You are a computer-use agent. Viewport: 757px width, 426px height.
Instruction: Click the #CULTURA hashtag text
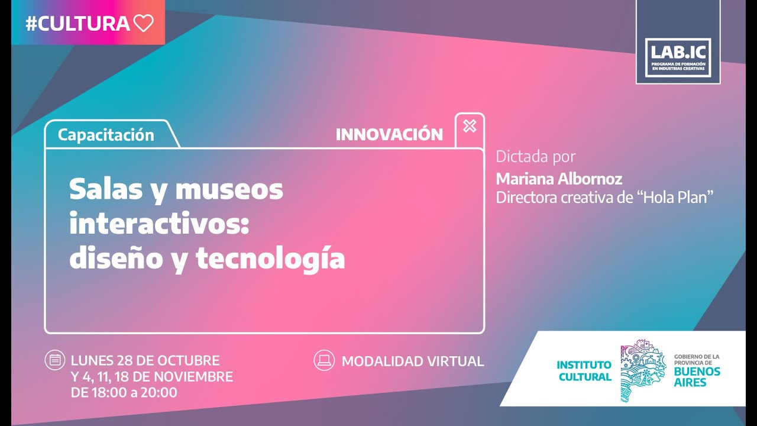tap(77, 23)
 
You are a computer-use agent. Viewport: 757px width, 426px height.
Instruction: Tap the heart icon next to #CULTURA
tap(144, 23)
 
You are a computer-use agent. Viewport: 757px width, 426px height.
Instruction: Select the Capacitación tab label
tap(106, 135)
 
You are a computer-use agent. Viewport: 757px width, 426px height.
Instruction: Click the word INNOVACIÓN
tap(389, 135)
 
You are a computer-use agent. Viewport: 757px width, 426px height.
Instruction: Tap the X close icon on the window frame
tap(470, 126)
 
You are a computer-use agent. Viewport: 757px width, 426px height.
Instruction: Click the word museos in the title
tap(229, 189)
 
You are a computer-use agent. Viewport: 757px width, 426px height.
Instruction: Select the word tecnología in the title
tap(270, 259)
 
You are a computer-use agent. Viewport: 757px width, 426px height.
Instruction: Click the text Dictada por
tap(535, 157)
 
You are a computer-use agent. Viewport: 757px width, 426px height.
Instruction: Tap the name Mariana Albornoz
tap(559, 179)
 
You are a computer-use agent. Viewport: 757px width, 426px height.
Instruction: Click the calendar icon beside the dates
tap(55, 360)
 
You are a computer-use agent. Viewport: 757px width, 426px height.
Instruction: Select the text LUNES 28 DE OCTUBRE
tap(145, 360)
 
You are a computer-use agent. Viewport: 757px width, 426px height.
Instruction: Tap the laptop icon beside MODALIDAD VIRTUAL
tap(323, 360)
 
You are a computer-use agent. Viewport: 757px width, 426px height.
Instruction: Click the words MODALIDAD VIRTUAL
tap(413, 361)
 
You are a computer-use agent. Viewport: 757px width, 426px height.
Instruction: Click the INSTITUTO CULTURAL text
tap(584, 371)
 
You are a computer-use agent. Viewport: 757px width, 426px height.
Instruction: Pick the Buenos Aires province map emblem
tap(643, 370)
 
